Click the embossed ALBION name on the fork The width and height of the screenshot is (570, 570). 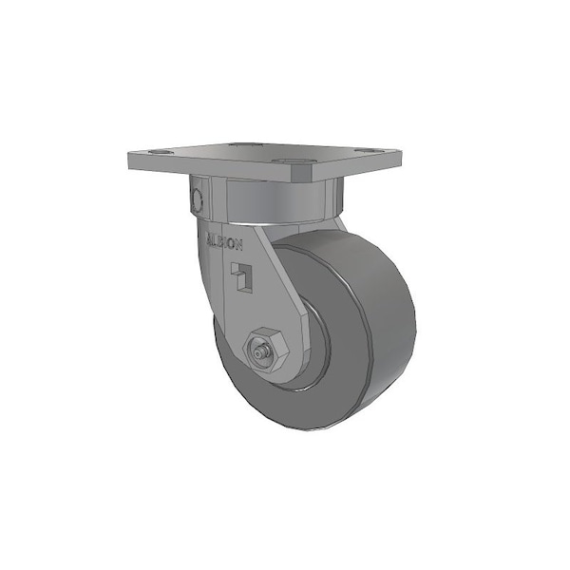[x=223, y=238]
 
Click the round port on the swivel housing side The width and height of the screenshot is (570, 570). [x=198, y=199]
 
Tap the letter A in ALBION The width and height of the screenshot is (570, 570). [x=210, y=235]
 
